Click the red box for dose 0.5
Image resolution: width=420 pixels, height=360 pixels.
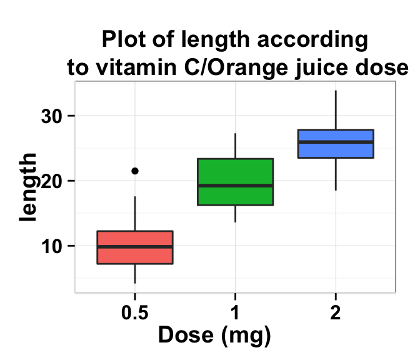click(134, 239)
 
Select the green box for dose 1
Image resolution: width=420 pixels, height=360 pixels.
click(235, 172)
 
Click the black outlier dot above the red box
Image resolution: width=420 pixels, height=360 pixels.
click(134, 171)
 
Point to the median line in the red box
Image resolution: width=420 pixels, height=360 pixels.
click(134, 247)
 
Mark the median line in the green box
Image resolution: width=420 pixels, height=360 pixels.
click(235, 186)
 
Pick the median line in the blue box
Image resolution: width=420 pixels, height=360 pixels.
click(336, 142)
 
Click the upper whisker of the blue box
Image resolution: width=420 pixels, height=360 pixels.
click(336, 110)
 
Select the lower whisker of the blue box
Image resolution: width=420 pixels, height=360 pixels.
click(336, 174)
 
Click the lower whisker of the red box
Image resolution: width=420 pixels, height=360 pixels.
click(134, 274)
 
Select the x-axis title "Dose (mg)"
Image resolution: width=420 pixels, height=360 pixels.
click(214, 336)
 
